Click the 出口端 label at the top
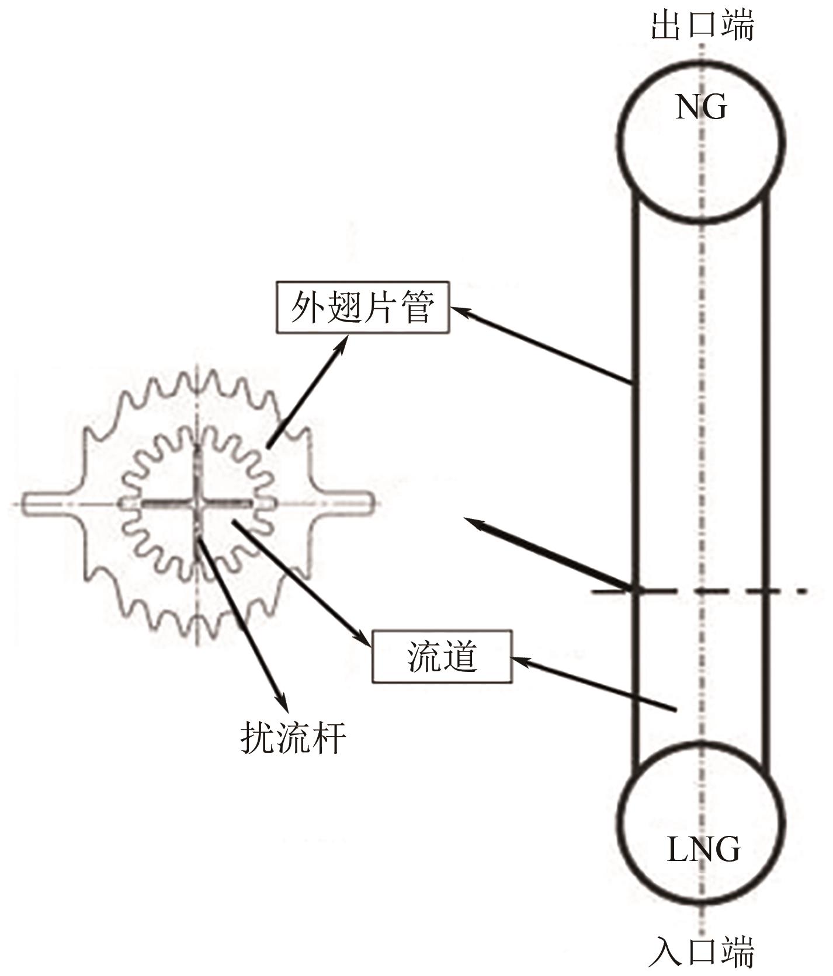702,25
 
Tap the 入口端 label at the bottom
702,952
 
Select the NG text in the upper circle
701,107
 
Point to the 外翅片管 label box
363,308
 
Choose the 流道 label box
442,657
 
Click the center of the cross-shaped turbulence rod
198,503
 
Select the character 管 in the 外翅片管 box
418,308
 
